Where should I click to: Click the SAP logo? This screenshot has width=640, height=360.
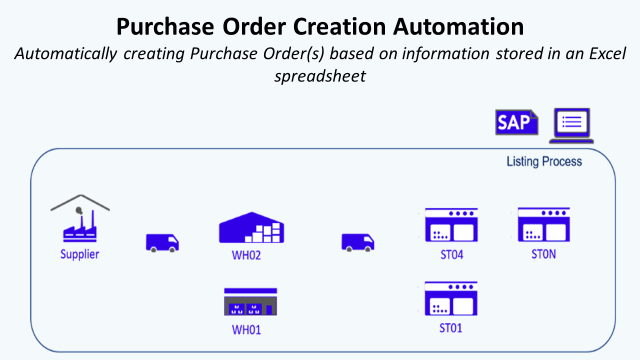coord(517,123)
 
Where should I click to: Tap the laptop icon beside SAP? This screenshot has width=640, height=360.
coord(571,124)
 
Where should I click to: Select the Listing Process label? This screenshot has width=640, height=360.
coord(544,161)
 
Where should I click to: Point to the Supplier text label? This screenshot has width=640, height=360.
coord(80,254)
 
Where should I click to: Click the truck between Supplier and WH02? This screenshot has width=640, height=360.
coord(163,242)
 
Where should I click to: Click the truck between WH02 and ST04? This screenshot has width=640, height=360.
coord(358,242)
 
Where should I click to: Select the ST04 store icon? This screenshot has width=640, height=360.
coord(451,225)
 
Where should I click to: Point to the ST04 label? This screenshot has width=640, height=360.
coord(451,255)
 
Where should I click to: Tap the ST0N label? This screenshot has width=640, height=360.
coord(544,255)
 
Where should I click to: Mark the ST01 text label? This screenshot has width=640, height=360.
coord(451,328)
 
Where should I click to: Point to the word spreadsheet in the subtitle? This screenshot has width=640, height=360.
coord(319,75)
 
